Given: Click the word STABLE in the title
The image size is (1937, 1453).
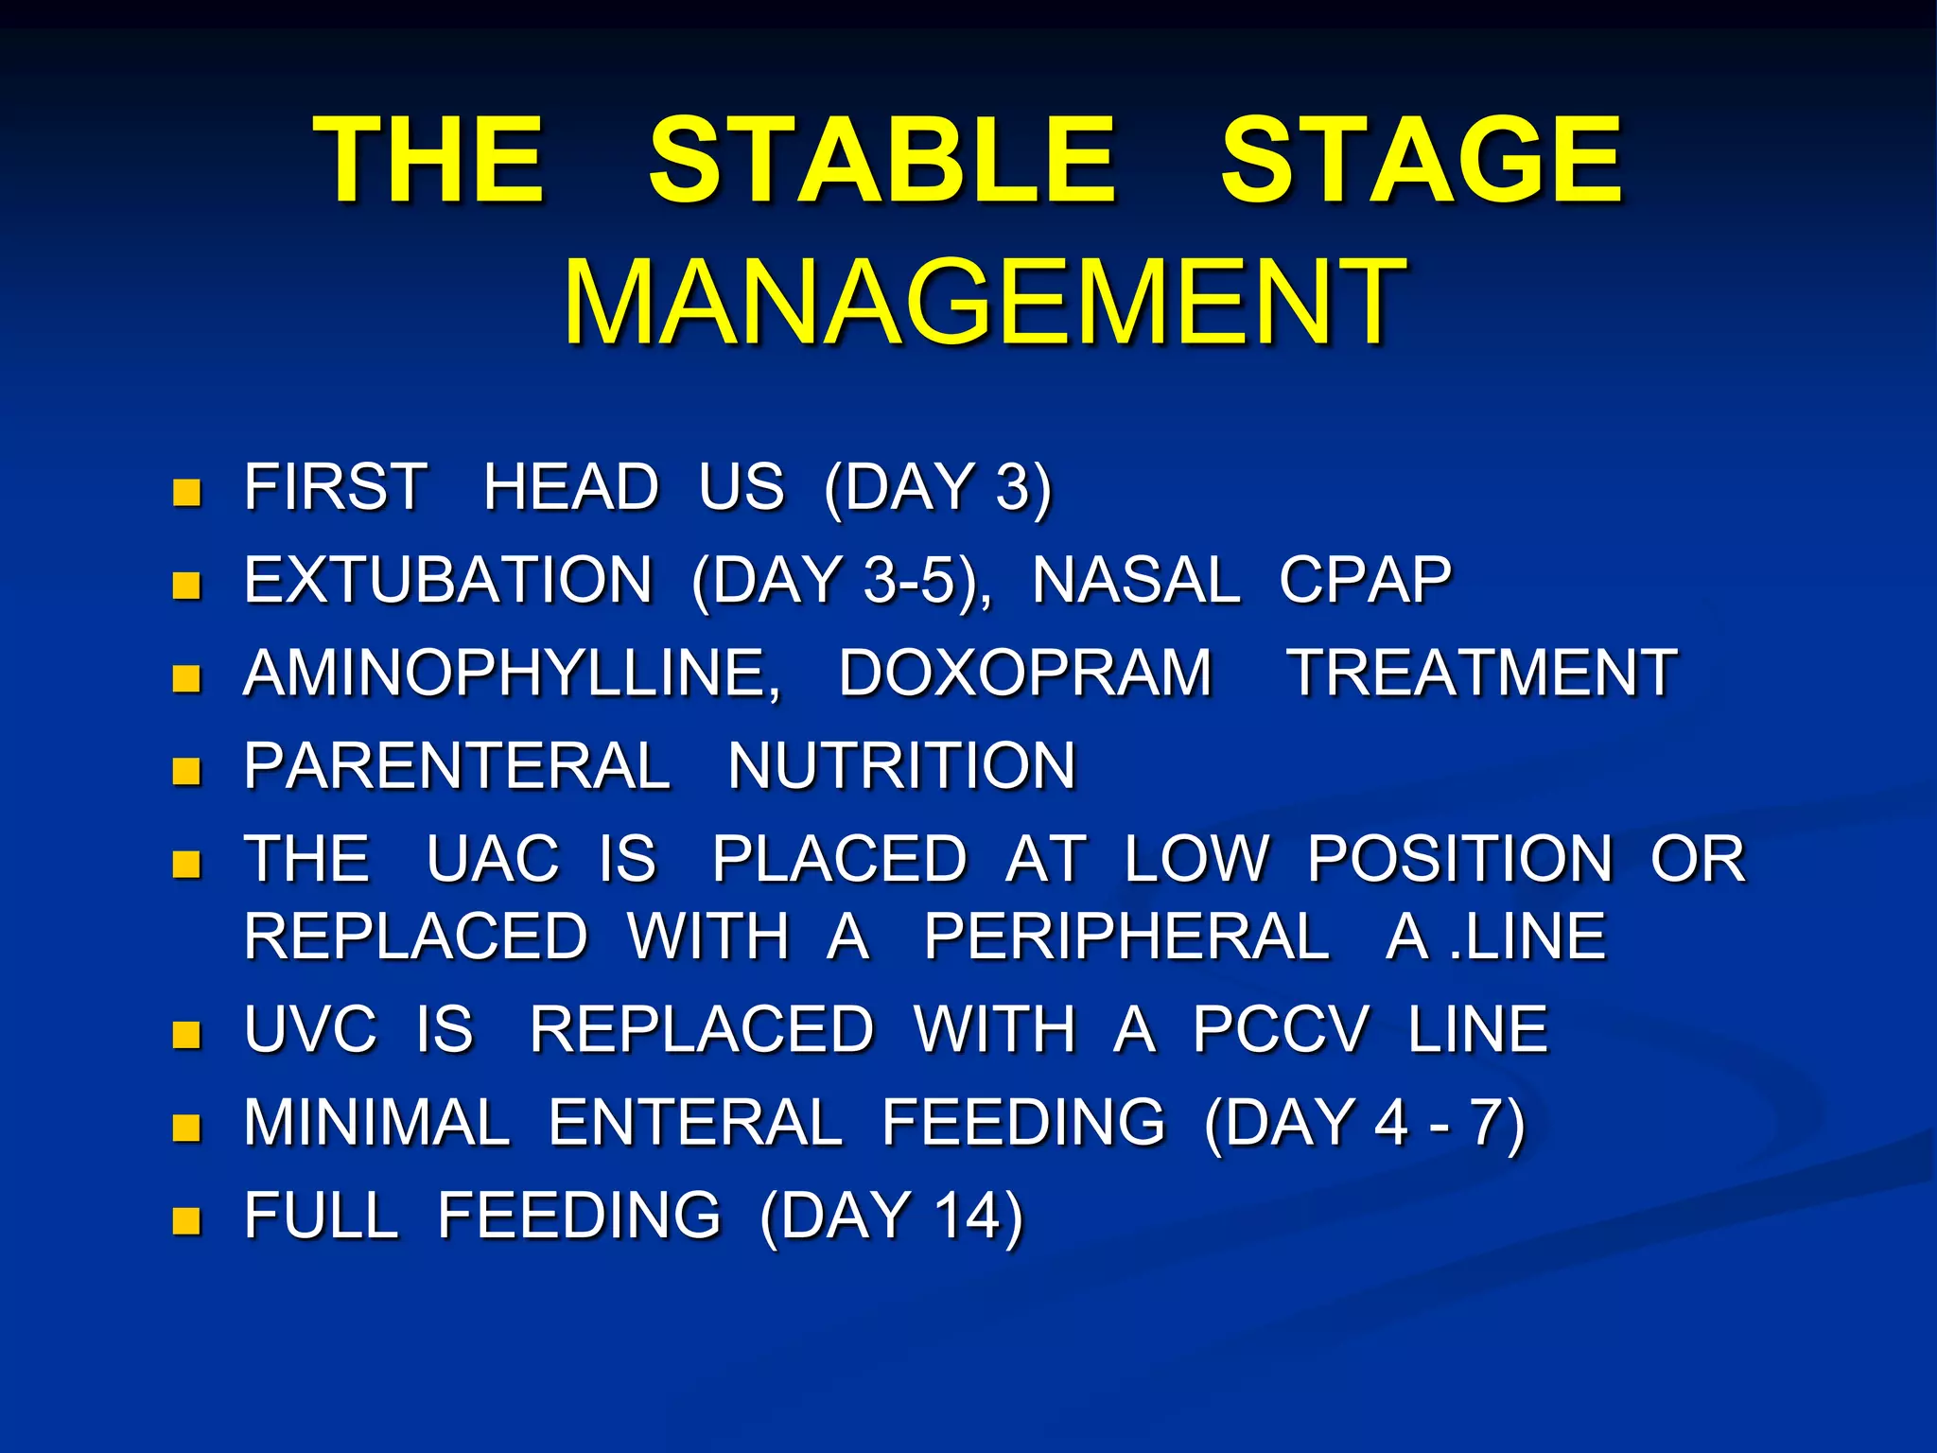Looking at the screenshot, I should point(881,159).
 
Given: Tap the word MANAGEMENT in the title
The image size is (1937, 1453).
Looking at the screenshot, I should point(984,303).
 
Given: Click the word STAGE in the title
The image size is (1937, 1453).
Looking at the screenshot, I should point(1421,159).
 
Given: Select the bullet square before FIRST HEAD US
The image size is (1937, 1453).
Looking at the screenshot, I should point(186,492).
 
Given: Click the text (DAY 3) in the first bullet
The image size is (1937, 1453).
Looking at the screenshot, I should point(937,488).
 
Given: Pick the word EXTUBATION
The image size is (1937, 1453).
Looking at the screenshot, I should point(448,580).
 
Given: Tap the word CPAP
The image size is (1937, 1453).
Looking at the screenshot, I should point(1365,580).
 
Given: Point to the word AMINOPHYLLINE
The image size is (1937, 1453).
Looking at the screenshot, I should point(512,674).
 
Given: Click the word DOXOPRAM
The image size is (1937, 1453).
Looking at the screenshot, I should point(1025,674).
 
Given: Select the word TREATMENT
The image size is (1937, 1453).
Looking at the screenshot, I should point(1483,674).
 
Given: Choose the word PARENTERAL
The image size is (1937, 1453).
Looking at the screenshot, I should point(457,766).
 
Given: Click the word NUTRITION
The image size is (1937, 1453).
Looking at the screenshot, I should point(902,766).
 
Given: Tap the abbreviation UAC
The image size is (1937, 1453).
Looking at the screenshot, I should point(493,859).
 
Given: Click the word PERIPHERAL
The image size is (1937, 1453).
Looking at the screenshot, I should point(1126,937).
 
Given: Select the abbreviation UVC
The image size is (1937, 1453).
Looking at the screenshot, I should point(310,1029).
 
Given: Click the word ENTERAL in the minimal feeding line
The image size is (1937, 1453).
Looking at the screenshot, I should point(695,1122).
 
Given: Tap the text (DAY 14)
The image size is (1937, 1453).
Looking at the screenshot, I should point(892,1216).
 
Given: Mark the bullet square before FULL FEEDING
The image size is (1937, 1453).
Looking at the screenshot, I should point(186,1220).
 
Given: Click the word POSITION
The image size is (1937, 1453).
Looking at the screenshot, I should point(1459,859).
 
